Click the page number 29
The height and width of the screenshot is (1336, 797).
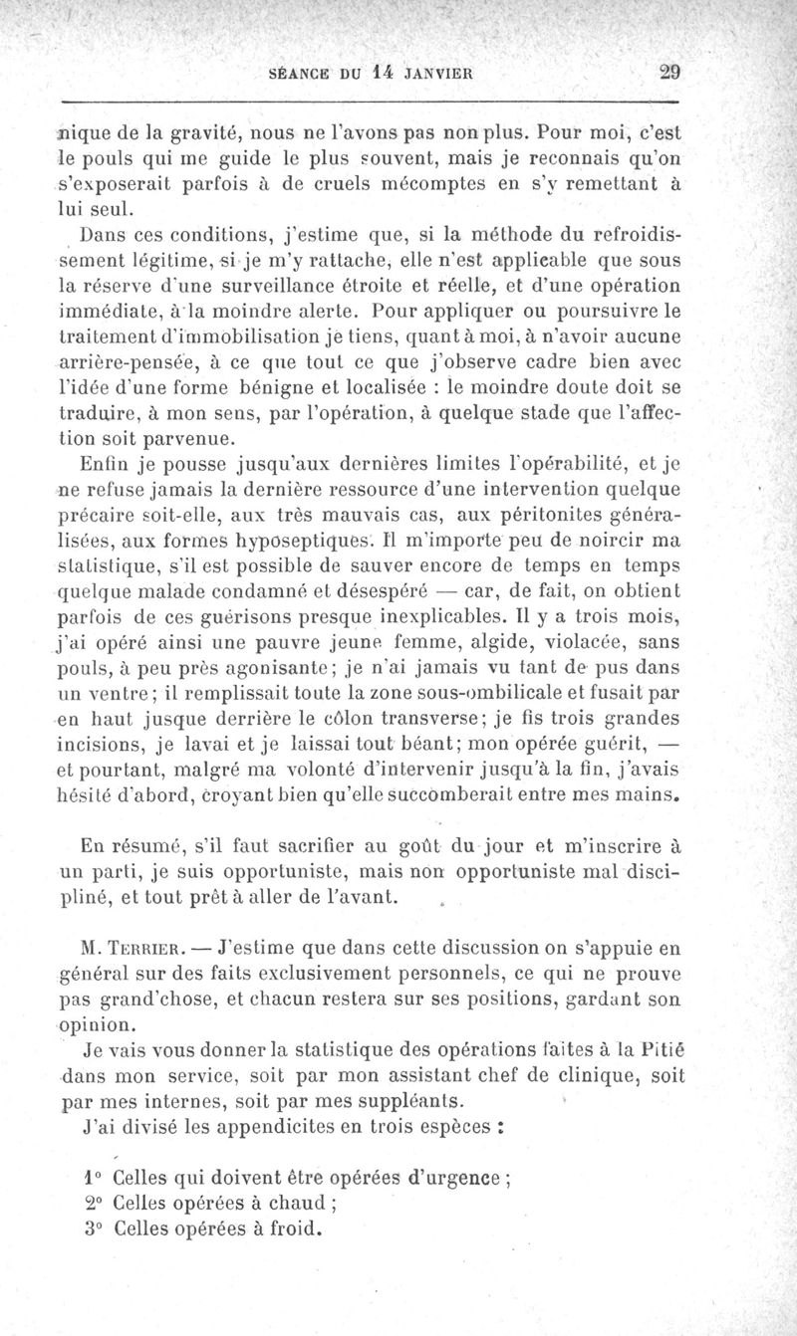pos(668,71)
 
